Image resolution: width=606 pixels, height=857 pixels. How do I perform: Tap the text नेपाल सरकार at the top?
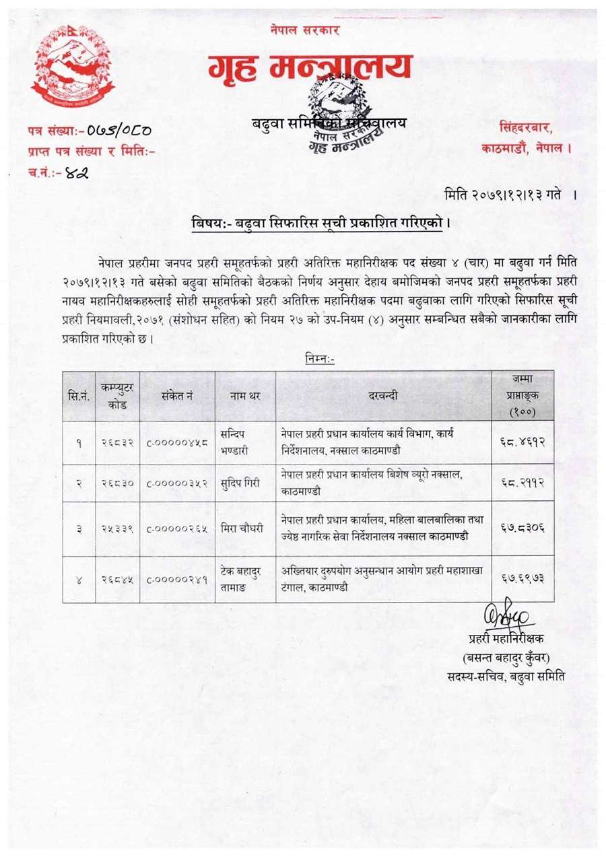point(305,30)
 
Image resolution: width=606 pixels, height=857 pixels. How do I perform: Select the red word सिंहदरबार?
point(529,127)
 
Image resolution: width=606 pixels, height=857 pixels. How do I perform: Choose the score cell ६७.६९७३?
point(523,578)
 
